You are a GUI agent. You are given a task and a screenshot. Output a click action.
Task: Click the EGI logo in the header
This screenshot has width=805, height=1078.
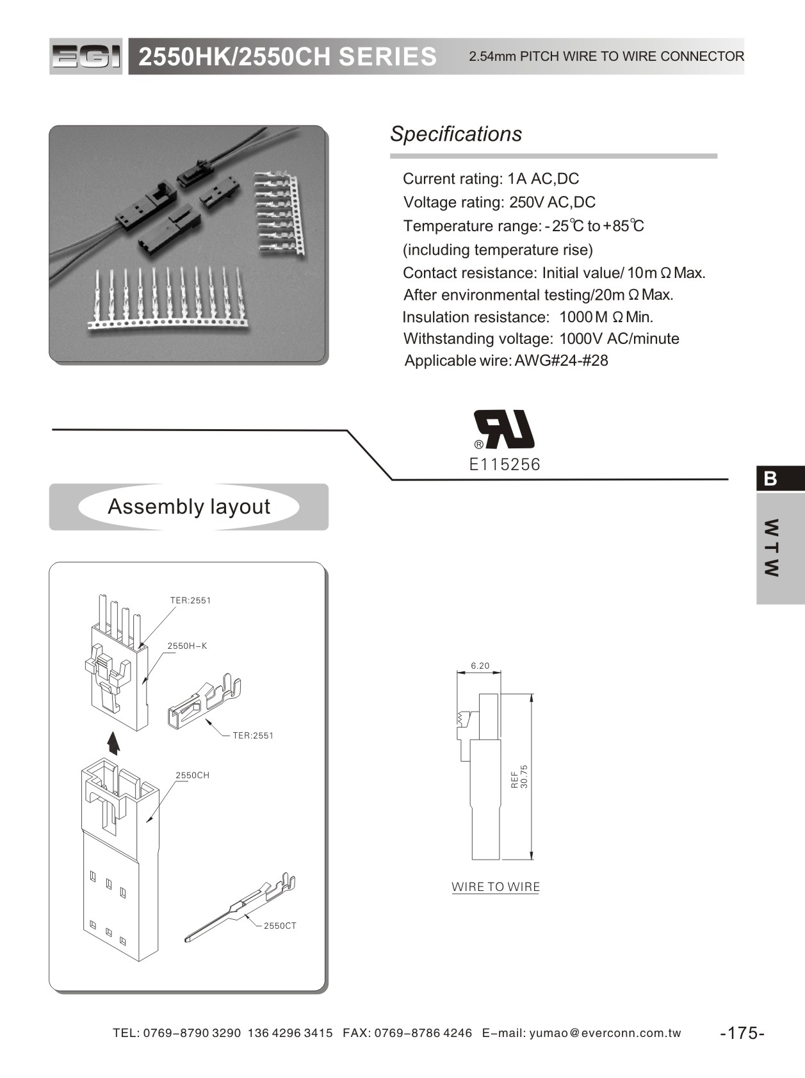[x=85, y=57]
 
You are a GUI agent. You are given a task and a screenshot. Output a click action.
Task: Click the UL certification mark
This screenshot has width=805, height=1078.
[x=505, y=429]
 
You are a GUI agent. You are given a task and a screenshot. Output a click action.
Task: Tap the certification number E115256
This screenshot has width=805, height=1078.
[x=505, y=464]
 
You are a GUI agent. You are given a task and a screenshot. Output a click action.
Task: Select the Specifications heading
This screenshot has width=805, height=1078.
[x=456, y=134]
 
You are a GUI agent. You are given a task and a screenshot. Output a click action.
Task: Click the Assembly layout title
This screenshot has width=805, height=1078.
[x=189, y=507]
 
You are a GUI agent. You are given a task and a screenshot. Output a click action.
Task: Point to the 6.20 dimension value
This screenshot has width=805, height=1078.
[x=480, y=666]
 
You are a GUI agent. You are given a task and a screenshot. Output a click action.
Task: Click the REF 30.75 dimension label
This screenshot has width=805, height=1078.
[x=519, y=776]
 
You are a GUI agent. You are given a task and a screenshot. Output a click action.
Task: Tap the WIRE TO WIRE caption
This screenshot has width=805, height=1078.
[x=496, y=887]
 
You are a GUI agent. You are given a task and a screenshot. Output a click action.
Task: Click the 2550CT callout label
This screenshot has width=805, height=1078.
[x=280, y=926]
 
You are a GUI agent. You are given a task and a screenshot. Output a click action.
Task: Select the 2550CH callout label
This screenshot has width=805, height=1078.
[x=193, y=775]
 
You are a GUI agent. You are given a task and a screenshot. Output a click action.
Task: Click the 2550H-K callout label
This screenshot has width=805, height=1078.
[x=187, y=646]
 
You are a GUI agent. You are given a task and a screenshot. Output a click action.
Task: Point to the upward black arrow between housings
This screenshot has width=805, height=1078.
[x=113, y=743]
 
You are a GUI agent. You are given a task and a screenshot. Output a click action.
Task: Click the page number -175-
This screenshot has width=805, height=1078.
[x=742, y=1033]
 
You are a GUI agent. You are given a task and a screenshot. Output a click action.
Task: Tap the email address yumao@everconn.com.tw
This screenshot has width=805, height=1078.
[x=605, y=1033]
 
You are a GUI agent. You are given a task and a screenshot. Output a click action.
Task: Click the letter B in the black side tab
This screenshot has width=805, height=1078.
[x=770, y=478]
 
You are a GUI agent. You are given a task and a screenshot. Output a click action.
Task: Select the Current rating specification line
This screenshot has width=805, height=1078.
[x=491, y=179]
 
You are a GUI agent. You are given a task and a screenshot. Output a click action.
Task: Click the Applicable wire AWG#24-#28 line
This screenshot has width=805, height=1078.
[x=506, y=361]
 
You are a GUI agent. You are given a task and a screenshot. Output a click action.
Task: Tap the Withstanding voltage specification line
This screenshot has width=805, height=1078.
[x=541, y=339]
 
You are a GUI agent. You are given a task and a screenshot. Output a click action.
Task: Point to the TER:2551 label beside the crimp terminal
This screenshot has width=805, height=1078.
[x=253, y=735]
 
